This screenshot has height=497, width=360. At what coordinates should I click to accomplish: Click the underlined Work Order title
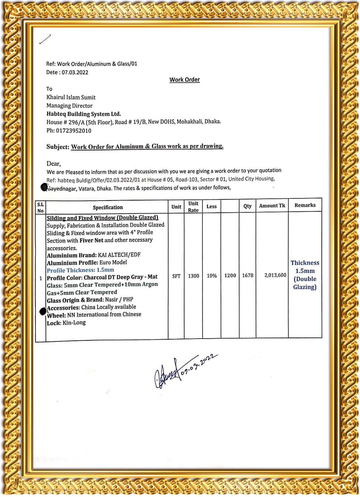(185, 80)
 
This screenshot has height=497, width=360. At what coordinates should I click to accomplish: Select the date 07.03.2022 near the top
(75, 72)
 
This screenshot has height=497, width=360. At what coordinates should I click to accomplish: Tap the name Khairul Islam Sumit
(71, 97)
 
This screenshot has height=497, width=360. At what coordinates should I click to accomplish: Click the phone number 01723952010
(74, 131)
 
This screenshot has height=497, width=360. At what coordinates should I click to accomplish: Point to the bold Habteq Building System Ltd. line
(84, 114)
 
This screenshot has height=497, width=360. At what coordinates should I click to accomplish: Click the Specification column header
(108, 207)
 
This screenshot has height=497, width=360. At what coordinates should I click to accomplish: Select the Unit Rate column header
(193, 207)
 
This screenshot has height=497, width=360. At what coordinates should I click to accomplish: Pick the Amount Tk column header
(272, 205)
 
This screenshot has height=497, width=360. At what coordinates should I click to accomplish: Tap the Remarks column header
(305, 205)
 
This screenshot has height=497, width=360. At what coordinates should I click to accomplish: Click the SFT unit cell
(176, 276)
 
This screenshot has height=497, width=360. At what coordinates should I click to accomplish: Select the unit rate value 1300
(194, 276)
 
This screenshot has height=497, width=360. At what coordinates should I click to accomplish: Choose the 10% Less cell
(212, 276)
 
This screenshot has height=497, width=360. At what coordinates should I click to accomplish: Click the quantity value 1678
(248, 275)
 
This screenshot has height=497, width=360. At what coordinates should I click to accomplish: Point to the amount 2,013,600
(275, 275)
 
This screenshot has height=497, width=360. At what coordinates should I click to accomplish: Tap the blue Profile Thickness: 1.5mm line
(80, 270)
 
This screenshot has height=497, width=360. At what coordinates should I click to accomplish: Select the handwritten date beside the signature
(199, 366)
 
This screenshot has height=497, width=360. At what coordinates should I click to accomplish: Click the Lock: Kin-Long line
(66, 323)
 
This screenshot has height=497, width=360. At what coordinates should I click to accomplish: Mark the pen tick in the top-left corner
(45, 39)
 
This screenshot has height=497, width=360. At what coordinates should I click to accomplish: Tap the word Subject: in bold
(58, 147)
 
